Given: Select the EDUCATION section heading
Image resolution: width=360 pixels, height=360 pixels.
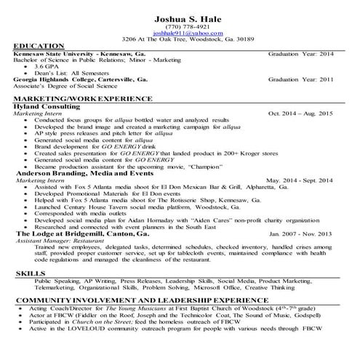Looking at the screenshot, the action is click(39, 46).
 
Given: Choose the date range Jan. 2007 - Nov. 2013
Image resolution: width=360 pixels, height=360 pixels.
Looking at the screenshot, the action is click(300, 234).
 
